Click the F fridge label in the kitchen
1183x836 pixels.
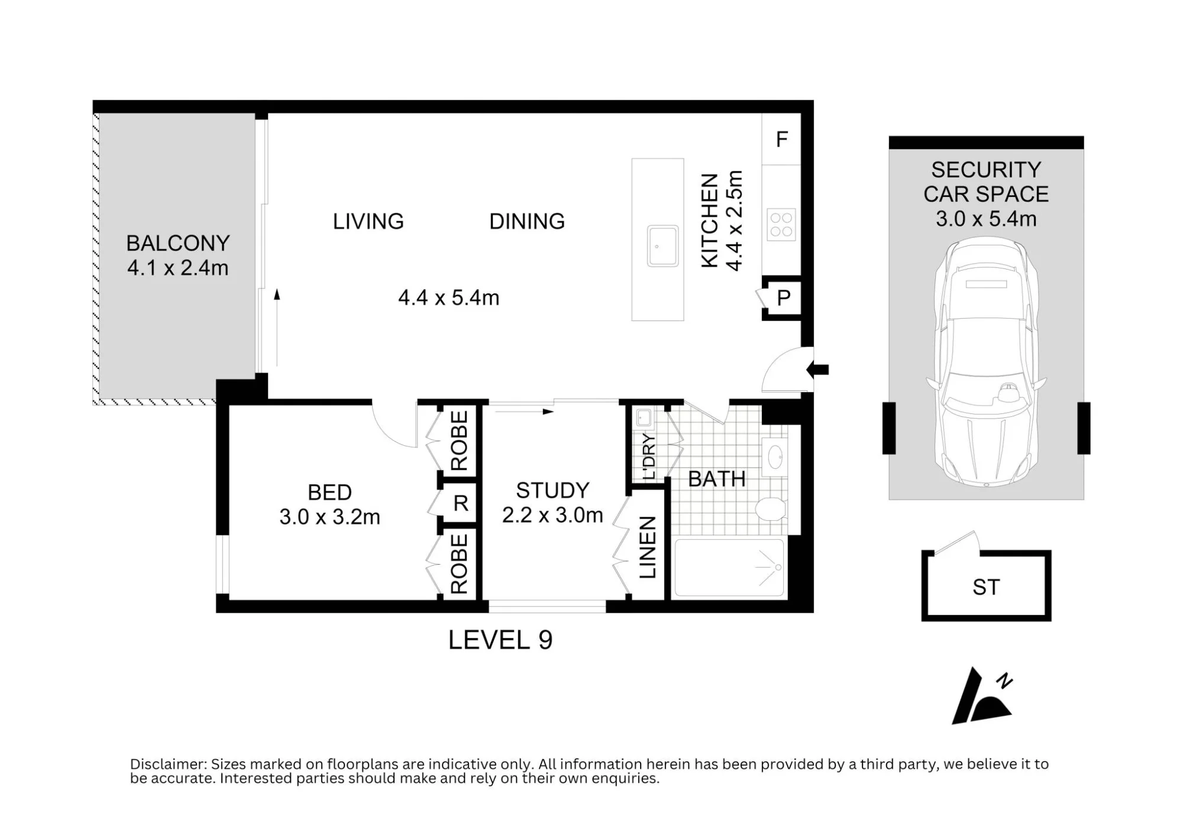[x=782, y=140]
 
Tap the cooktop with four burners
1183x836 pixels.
[x=781, y=225]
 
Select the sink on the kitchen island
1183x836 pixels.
[x=662, y=246]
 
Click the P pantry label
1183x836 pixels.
[x=784, y=298]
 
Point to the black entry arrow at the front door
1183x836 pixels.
[x=818, y=370]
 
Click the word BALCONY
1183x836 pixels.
[x=178, y=243]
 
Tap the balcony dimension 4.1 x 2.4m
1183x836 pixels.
[x=178, y=268]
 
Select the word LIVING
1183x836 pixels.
[x=368, y=221]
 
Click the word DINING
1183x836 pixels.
[x=527, y=221]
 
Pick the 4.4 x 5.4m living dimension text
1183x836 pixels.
[x=449, y=297]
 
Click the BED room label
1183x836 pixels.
[x=329, y=492]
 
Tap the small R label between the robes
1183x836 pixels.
[x=461, y=503]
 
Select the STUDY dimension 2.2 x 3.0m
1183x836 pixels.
[x=552, y=515]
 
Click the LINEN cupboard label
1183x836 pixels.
[x=648, y=547]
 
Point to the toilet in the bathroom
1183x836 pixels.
[x=771, y=508]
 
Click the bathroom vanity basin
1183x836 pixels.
[x=775, y=456]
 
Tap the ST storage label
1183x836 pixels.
[x=986, y=587]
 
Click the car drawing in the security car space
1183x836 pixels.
[x=986, y=362]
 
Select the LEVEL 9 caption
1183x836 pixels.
[x=500, y=640]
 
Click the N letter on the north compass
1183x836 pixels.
[x=1004, y=681]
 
